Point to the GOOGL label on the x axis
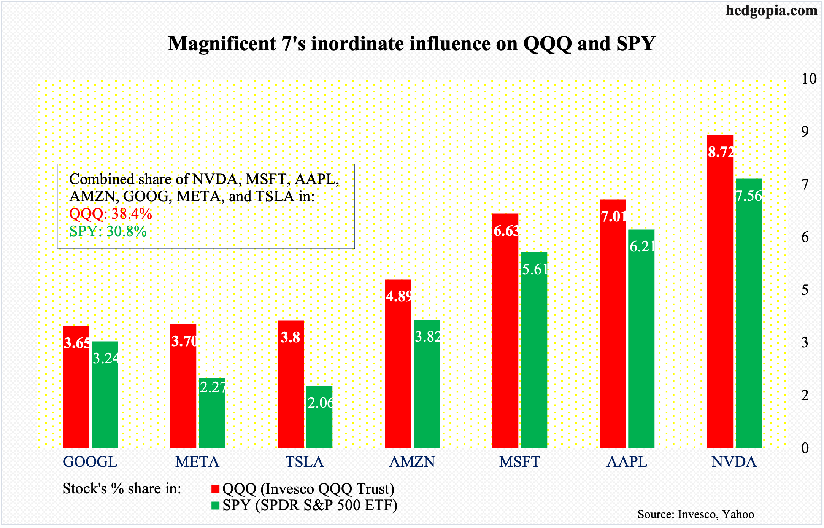(x=90, y=462)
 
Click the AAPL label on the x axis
(x=627, y=462)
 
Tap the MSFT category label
(x=519, y=462)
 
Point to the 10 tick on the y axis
(x=809, y=79)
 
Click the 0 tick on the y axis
(x=805, y=448)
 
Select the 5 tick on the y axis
(x=805, y=290)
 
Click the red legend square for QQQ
(x=216, y=489)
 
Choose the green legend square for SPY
(x=216, y=506)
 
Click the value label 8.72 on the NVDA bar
(x=721, y=152)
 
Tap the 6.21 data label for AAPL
(x=642, y=247)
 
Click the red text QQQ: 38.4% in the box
(x=111, y=214)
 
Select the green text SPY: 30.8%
(x=108, y=231)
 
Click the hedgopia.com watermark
(x=772, y=10)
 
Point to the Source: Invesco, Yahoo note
(x=695, y=514)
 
